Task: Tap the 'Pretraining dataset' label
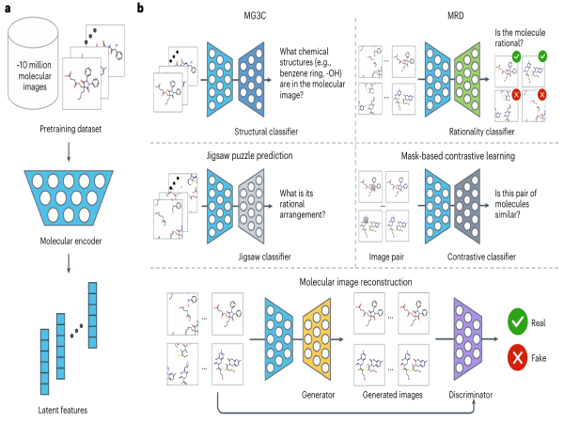coord(70,126)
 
